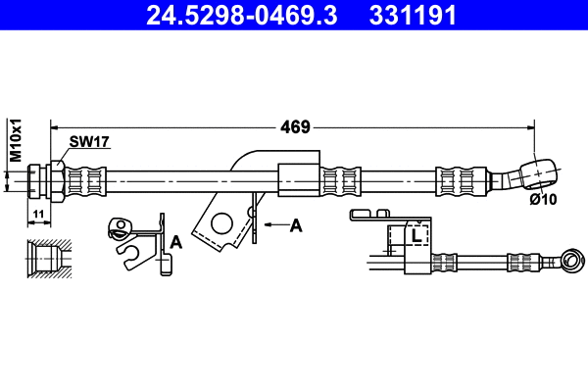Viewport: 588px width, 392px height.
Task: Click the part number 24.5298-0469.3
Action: click(241, 16)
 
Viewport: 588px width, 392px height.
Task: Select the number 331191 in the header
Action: click(413, 16)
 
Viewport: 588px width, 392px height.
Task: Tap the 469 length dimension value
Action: click(296, 127)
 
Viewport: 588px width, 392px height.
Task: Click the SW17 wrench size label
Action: click(89, 142)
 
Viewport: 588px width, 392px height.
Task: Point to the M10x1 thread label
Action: click(16, 140)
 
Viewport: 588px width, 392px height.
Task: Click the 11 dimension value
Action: click(38, 215)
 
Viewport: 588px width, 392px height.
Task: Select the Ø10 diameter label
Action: click(543, 199)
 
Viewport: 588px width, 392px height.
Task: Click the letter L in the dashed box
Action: click(416, 235)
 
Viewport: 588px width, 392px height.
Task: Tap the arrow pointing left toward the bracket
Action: click(276, 224)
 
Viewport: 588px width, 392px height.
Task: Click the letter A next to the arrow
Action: click(296, 225)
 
